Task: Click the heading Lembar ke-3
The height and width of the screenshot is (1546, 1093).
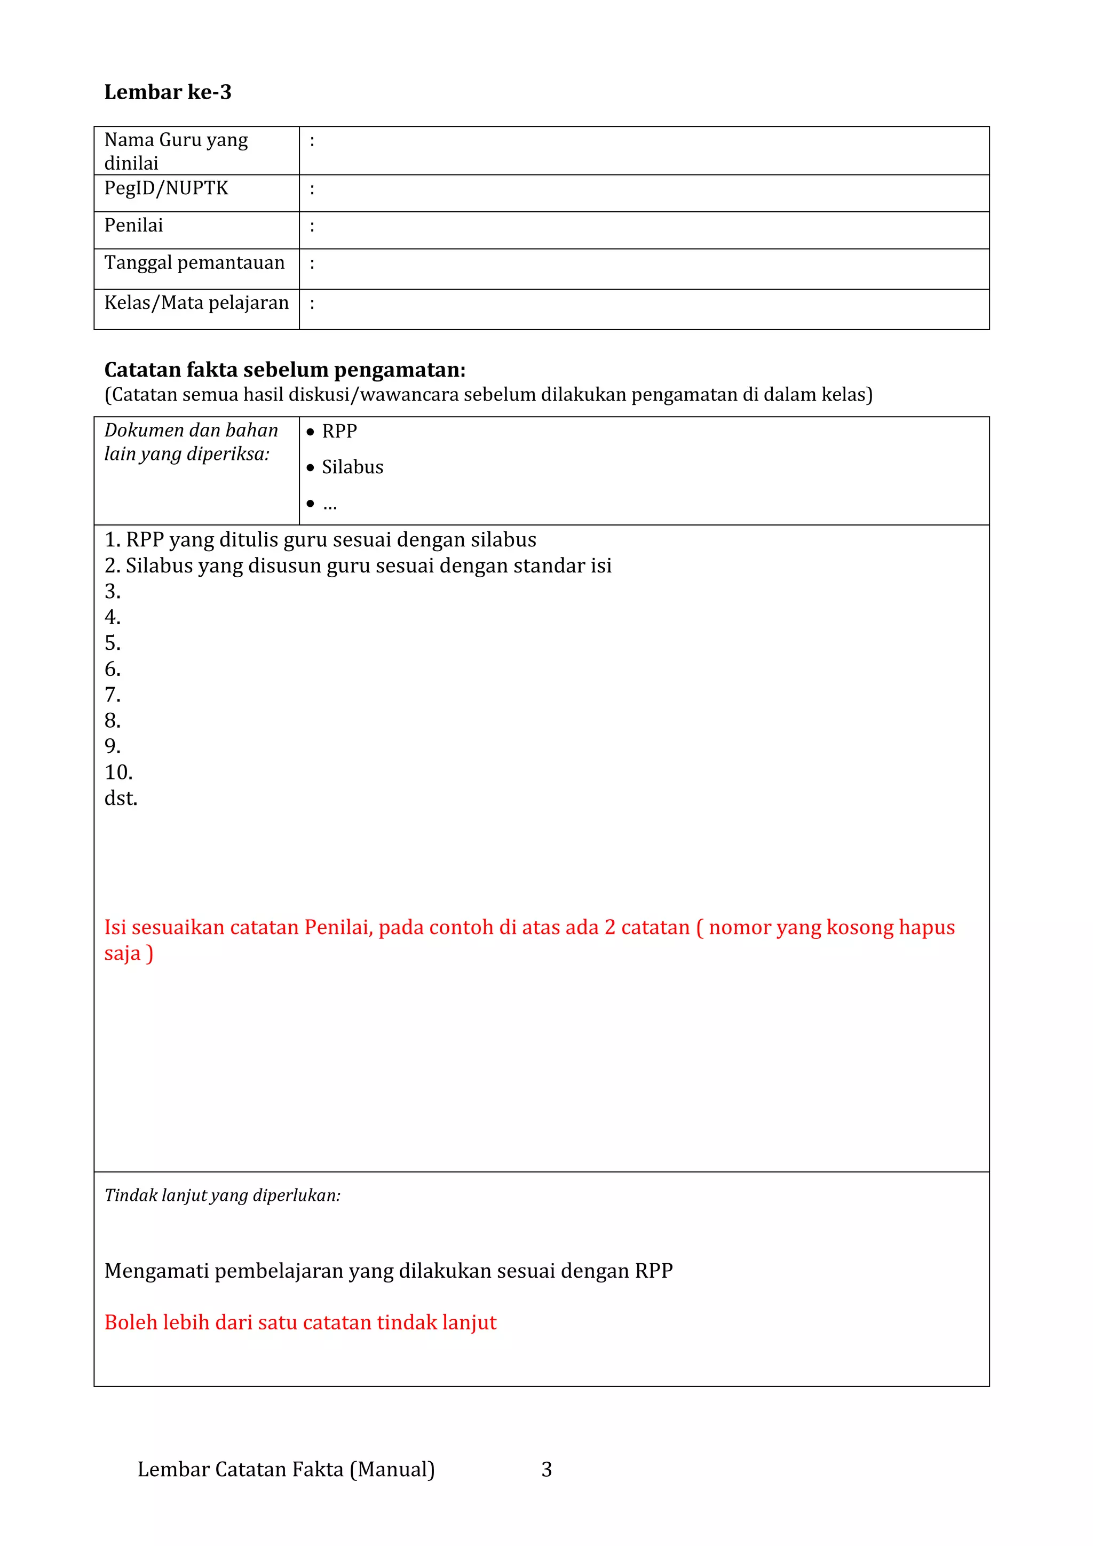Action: pyautogui.click(x=168, y=92)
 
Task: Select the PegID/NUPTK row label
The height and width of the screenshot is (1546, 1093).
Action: pyautogui.click(x=167, y=188)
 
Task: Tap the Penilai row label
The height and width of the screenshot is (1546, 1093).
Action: pyautogui.click(x=134, y=226)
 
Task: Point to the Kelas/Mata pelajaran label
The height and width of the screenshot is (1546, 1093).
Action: pyautogui.click(x=196, y=303)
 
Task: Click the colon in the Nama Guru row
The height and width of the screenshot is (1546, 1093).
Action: pyautogui.click(x=312, y=141)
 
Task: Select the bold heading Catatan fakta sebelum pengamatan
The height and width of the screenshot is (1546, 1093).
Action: pyautogui.click(x=285, y=370)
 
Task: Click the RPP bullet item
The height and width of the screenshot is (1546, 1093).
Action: pyautogui.click(x=339, y=432)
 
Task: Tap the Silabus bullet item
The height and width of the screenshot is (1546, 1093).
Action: pyautogui.click(x=352, y=467)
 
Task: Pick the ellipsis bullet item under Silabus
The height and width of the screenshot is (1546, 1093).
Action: pyautogui.click(x=329, y=504)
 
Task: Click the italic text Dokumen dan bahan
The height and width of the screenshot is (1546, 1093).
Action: pyautogui.click(x=191, y=431)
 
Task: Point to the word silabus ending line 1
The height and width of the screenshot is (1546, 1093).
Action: pyautogui.click(x=503, y=540)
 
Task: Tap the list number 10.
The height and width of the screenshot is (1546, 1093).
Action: pyautogui.click(x=118, y=772)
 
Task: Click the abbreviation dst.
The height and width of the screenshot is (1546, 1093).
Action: pyautogui.click(x=121, y=799)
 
